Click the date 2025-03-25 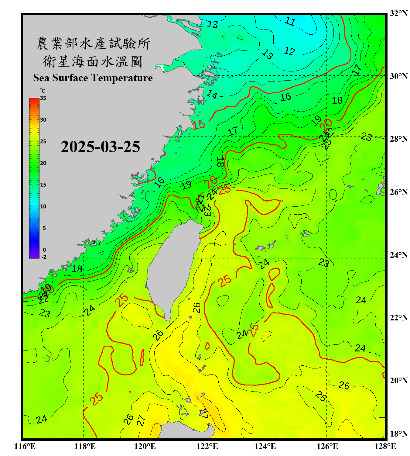(x=100, y=147)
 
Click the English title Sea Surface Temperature (x=93, y=78)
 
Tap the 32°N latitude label (x=398, y=13)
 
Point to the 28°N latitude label (x=398, y=139)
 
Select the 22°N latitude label (x=398, y=318)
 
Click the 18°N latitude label (x=398, y=434)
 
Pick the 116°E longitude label (x=25, y=446)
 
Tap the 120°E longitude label (x=145, y=446)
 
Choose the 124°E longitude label (x=265, y=446)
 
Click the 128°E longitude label (x=385, y=446)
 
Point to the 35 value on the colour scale (x=43, y=98)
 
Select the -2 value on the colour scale (x=44, y=257)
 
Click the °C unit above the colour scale (x=43, y=91)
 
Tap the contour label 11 (x=290, y=22)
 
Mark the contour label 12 (x=289, y=51)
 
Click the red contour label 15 (x=199, y=124)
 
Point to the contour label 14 (x=212, y=95)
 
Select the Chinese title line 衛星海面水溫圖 (x=93, y=61)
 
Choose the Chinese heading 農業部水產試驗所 (x=93, y=43)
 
